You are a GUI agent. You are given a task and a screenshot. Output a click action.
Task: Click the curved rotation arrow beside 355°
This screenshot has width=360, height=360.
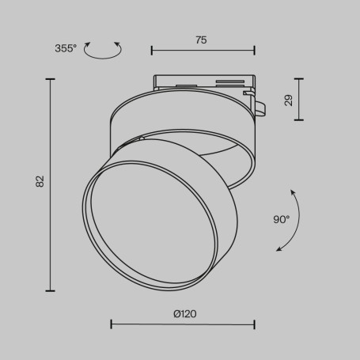pyautogui.click(x=104, y=51)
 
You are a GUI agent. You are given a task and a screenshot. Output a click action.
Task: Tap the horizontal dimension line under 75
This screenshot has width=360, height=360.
pyautogui.click(x=203, y=51)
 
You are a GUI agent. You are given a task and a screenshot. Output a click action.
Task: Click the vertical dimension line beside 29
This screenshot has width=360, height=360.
pyautogui.click(x=298, y=99)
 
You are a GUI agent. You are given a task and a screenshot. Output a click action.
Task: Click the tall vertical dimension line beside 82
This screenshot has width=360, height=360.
pyautogui.click(x=51, y=185)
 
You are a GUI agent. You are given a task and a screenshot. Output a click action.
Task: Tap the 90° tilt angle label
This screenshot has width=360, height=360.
pyautogui.click(x=282, y=219)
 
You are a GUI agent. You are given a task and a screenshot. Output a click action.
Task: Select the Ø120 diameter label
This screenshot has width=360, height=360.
pyautogui.click(x=184, y=314)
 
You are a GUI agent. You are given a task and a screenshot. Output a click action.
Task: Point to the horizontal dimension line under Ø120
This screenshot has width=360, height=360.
pyautogui.click(x=183, y=324)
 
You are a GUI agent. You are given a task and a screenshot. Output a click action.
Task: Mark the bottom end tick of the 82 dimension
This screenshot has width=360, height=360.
pyautogui.click(x=51, y=291)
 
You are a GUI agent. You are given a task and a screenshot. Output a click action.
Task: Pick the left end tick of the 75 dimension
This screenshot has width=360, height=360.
pyautogui.click(x=152, y=51)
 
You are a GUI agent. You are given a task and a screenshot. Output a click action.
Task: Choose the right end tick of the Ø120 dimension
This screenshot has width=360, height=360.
pyautogui.click(x=255, y=324)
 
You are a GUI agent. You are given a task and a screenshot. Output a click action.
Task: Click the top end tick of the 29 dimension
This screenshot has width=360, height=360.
pyautogui.click(x=298, y=78)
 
